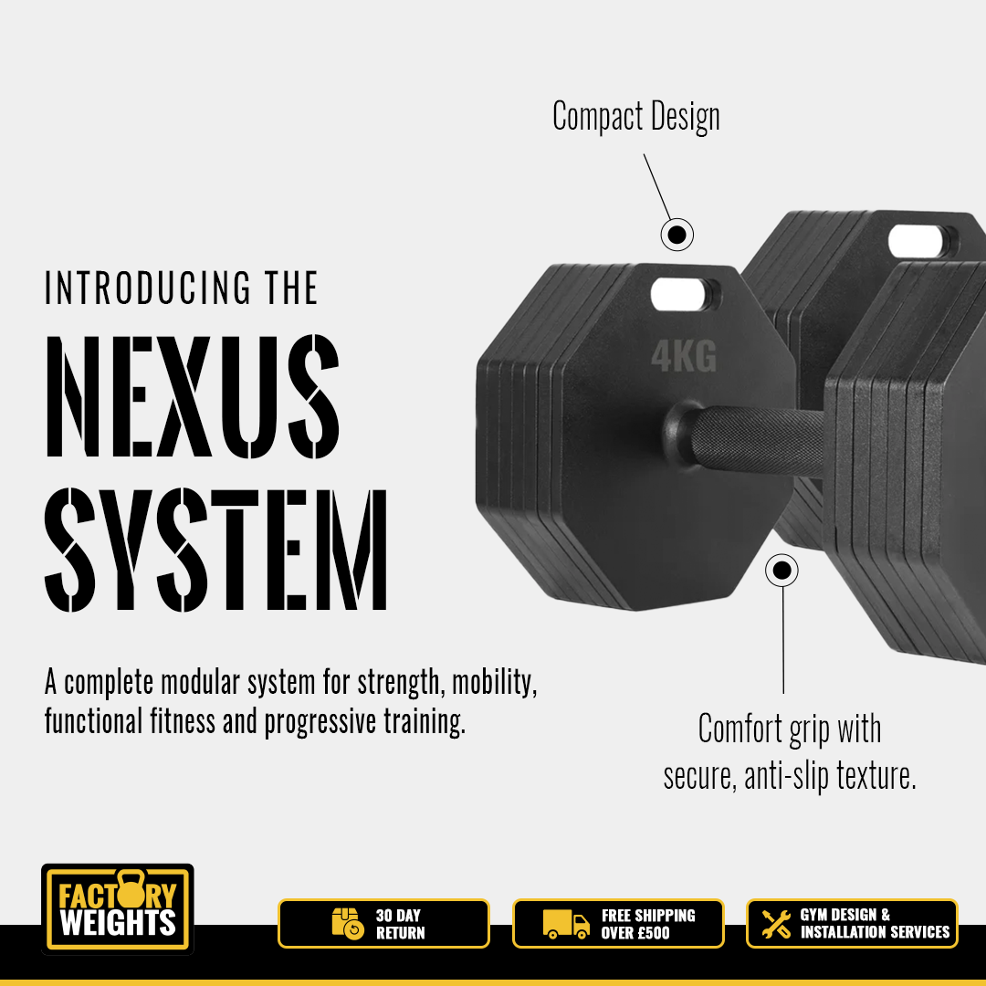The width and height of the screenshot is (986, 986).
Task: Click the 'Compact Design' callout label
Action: coord(635,117)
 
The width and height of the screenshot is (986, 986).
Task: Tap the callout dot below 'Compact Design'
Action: coord(677,235)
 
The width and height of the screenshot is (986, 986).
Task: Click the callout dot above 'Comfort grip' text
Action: coord(781,571)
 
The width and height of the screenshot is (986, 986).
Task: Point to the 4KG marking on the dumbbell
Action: coord(684,356)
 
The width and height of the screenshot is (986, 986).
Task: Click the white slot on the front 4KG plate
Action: coord(682,294)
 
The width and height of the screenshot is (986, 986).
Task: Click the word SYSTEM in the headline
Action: coord(215,549)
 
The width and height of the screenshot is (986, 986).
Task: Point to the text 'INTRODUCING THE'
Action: coord(181,288)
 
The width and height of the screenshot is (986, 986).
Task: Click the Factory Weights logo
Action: coord(118,908)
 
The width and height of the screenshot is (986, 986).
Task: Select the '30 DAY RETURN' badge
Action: coord(383,924)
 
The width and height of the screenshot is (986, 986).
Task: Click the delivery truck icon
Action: coord(566,924)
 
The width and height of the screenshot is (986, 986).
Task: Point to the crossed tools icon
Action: coord(776,924)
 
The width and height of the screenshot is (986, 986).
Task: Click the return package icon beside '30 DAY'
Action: coord(348,924)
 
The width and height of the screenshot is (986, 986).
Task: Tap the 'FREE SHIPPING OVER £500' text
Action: coord(647,924)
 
